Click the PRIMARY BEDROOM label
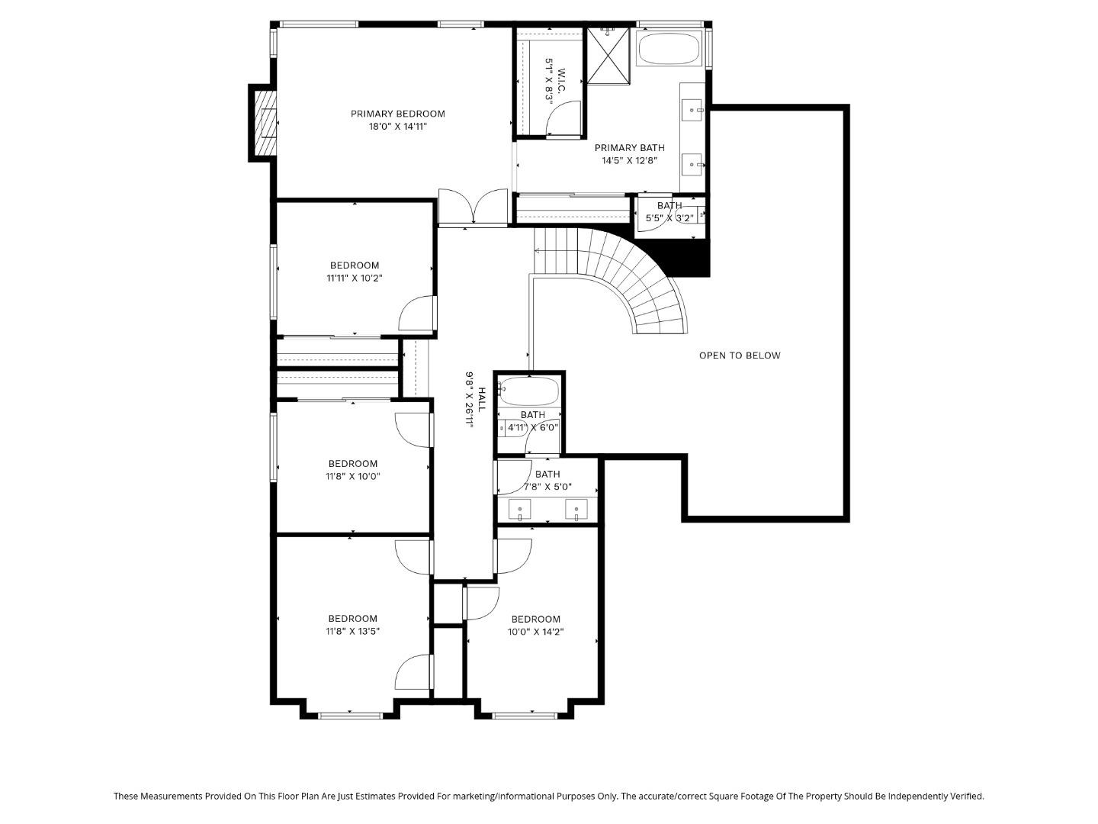397,114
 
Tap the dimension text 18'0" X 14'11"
397,127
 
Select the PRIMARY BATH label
629,148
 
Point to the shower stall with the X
608,54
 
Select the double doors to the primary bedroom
473,208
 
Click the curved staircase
640,282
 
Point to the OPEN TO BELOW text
740,356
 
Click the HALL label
481,400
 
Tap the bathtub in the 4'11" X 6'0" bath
528,392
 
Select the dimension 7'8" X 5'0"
547,487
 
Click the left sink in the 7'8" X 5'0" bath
520,509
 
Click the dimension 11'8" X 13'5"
354,632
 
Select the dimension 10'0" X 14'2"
536,632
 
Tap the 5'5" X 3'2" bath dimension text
669,218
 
